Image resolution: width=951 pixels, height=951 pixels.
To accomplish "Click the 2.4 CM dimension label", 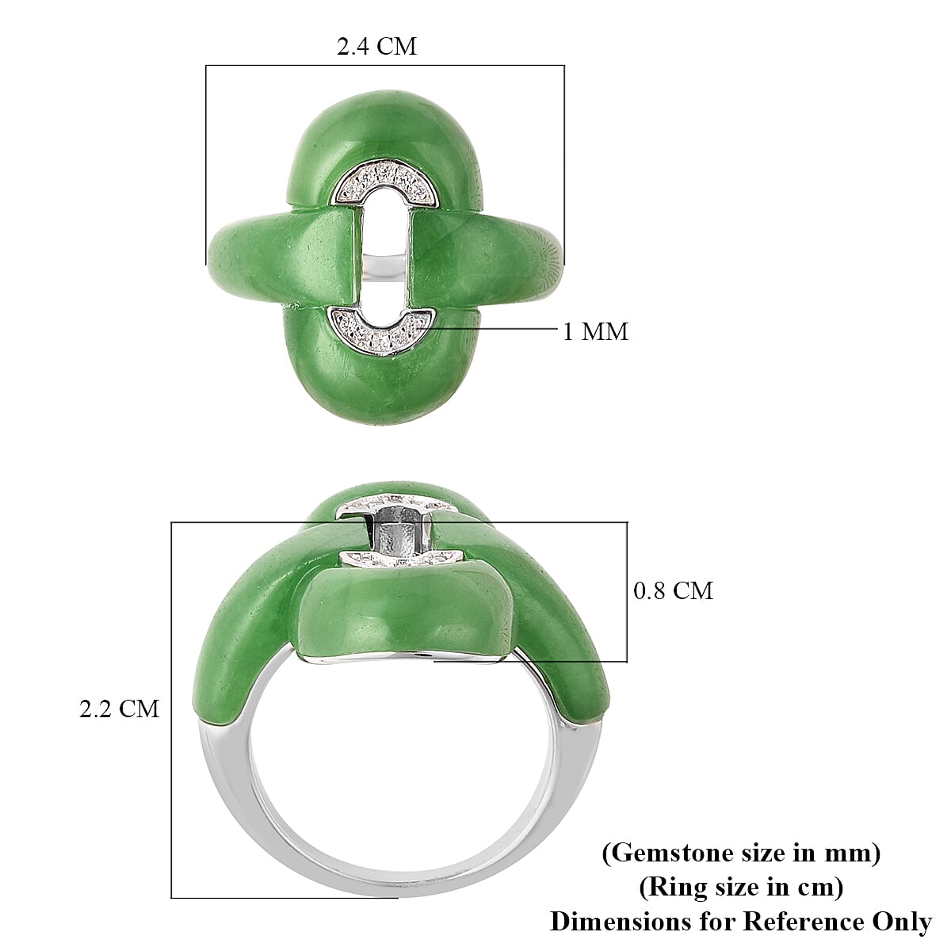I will pyautogui.click(x=376, y=47).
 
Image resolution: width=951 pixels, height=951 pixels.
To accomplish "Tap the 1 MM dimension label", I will pyautogui.click(x=595, y=331).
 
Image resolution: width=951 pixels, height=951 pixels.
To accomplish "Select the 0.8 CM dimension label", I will pyautogui.click(x=673, y=590).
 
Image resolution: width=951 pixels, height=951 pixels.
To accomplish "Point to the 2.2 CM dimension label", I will pyautogui.click(x=119, y=708).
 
